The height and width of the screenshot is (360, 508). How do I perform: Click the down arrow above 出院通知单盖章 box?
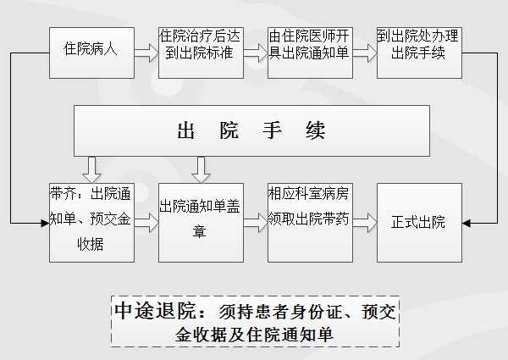(x=201, y=169)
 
